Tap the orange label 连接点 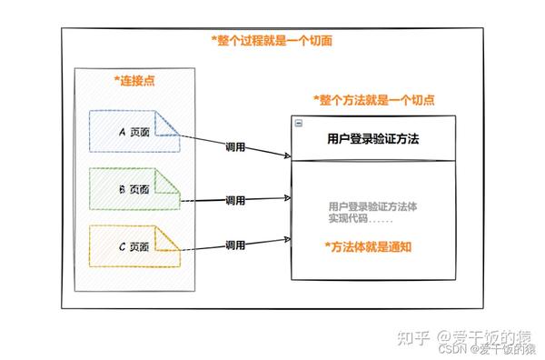134,81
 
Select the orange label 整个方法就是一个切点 372,99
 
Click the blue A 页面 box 134,132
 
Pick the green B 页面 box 134,189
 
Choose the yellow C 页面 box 134,246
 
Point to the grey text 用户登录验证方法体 372,206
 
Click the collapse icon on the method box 298,123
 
